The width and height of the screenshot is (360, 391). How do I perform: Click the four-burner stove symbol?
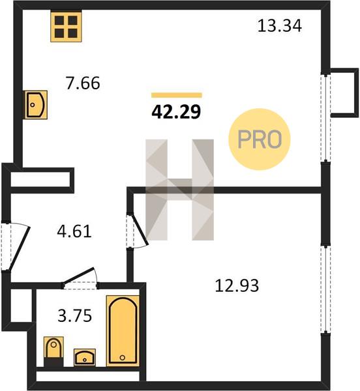click(66, 27)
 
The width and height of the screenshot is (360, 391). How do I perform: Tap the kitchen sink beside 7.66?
click(35, 105)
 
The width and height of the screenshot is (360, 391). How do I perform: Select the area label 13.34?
click(279, 26)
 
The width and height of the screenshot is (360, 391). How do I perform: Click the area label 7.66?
click(83, 83)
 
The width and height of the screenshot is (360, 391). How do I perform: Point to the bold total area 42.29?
click(176, 111)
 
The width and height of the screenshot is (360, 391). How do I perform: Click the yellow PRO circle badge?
click(260, 139)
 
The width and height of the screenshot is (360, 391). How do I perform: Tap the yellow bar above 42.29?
click(177, 95)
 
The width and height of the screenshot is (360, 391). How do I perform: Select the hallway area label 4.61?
click(74, 231)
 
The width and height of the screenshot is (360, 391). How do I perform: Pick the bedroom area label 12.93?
click(237, 285)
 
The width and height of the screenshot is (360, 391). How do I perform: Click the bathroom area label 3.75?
click(75, 315)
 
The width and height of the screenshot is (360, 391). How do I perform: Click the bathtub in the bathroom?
click(123, 331)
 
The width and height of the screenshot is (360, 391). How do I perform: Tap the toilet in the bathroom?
click(53, 352)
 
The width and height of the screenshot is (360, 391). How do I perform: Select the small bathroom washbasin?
click(85, 357)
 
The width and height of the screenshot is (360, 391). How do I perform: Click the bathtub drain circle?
click(122, 358)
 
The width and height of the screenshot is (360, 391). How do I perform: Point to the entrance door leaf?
click(20, 248)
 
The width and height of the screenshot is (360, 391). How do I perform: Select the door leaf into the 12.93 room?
click(140, 229)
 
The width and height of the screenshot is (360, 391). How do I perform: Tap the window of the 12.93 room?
click(325, 289)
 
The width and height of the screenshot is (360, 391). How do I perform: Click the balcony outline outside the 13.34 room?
click(344, 93)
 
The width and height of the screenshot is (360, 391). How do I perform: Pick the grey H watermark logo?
click(179, 190)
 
